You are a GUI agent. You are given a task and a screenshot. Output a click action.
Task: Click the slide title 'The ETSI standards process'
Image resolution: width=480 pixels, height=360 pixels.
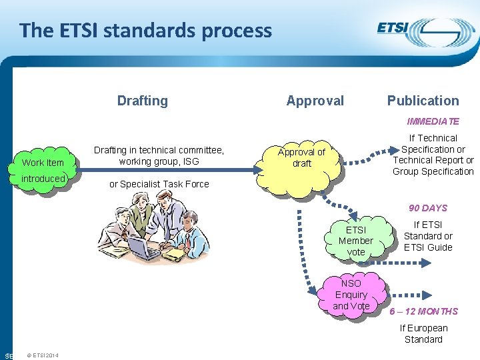[145, 31]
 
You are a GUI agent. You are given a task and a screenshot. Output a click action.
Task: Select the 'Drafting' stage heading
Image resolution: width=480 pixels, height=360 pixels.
[142, 101]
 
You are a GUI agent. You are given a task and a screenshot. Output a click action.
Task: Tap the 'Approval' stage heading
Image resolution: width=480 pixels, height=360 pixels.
[315, 101]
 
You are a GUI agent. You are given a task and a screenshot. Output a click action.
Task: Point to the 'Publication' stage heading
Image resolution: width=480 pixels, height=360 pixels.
[423, 101]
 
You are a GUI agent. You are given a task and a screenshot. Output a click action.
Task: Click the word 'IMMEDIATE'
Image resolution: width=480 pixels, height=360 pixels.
[433, 121]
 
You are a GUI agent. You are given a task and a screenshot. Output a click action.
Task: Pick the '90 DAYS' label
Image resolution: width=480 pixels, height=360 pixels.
[427, 208]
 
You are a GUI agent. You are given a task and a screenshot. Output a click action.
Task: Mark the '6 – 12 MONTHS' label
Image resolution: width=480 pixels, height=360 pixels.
[424, 311]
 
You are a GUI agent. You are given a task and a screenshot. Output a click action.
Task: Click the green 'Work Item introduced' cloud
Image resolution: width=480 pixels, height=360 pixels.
[43, 170]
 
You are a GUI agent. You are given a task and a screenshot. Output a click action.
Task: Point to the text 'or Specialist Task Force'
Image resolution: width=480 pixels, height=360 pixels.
[159, 184]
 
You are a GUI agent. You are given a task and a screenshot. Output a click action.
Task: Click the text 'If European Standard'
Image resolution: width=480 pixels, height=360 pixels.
[423, 333]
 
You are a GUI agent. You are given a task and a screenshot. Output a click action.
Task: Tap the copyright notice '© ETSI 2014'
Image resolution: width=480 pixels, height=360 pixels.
[43, 355]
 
